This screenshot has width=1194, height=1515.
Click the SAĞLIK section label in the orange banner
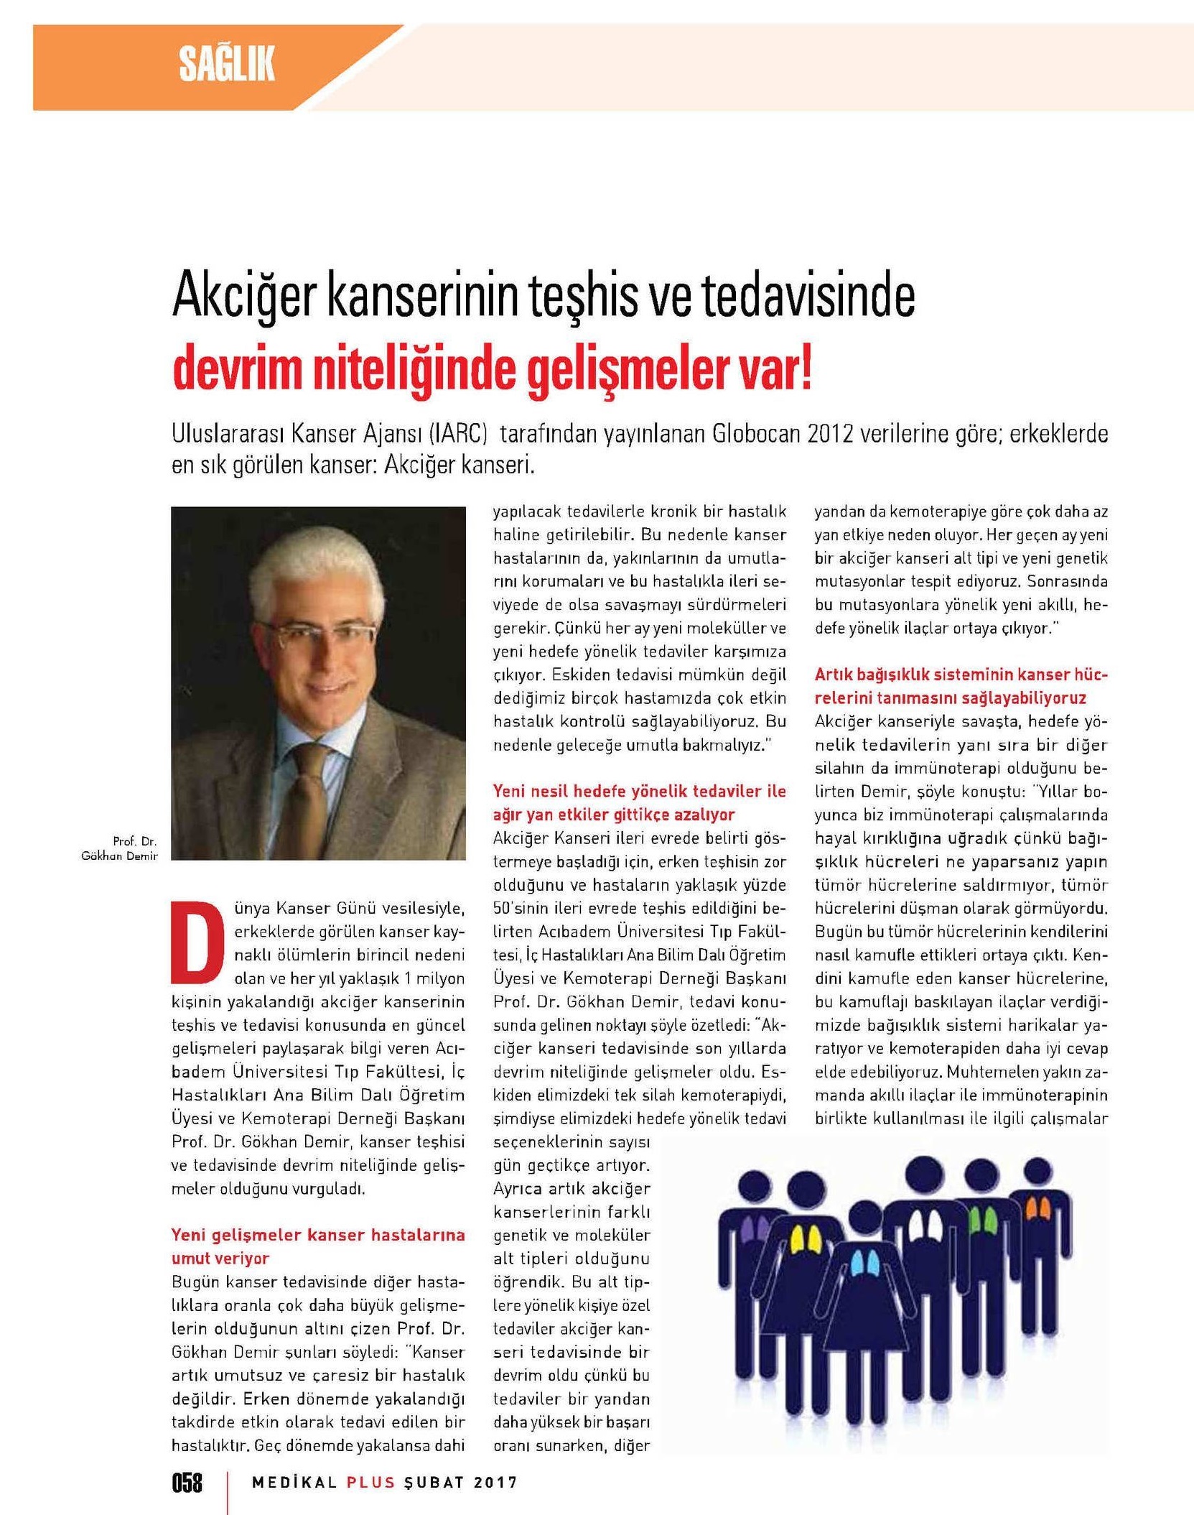click(x=227, y=65)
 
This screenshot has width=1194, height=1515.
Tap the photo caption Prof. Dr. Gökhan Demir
click(x=121, y=848)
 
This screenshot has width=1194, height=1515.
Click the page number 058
click(x=187, y=1482)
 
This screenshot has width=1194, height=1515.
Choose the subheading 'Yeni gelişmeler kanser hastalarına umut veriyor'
click(x=318, y=1246)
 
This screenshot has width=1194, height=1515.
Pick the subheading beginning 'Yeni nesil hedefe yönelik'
click(x=639, y=802)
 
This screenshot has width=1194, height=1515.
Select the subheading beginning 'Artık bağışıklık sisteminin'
click(x=961, y=686)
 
